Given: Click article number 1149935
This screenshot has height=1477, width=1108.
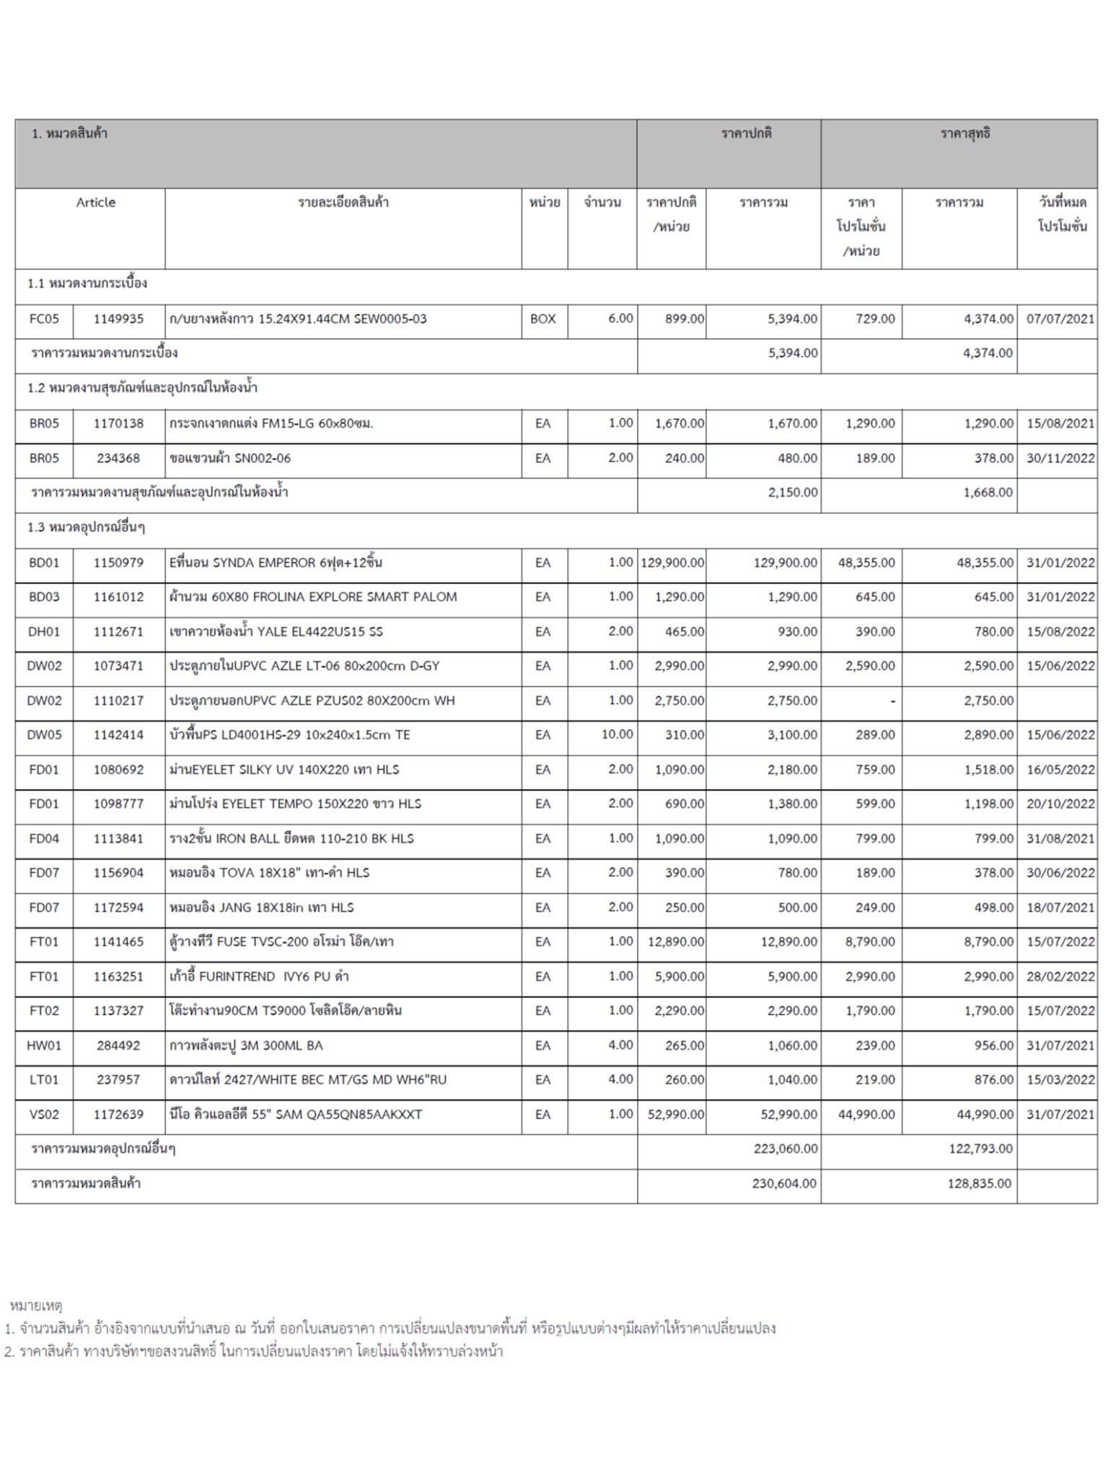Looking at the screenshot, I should tap(118, 319).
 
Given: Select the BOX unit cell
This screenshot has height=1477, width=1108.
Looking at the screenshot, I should tap(543, 319).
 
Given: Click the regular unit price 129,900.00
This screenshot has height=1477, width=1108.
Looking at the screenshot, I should tap(672, 563).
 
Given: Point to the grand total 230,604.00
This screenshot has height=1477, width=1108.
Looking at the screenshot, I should tap(785, 1183).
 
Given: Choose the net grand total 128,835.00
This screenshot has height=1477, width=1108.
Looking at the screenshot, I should tap(979, 1183).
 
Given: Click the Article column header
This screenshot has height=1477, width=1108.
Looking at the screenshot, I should tap(96, 203).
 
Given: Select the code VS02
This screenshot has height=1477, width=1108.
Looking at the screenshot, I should tap(44, 1114).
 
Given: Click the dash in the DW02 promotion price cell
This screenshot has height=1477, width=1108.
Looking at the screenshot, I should tap(892, 701).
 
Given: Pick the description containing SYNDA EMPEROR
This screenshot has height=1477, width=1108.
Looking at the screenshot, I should tap(276, 563).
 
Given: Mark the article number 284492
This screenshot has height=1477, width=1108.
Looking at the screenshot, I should tap(118, 1045).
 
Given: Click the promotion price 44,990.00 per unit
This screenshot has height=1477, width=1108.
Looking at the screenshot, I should tap(866, 1114).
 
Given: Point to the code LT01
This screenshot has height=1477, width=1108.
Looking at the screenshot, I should tap(44, 1080).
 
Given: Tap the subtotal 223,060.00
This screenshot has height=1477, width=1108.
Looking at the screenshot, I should tap(785, 1149).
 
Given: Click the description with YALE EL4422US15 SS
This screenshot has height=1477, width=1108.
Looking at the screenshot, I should tap(276, 632).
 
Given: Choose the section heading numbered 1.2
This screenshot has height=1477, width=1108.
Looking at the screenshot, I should tap(143, 388).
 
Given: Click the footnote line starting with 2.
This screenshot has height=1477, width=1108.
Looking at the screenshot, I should tap(253, 1352).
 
